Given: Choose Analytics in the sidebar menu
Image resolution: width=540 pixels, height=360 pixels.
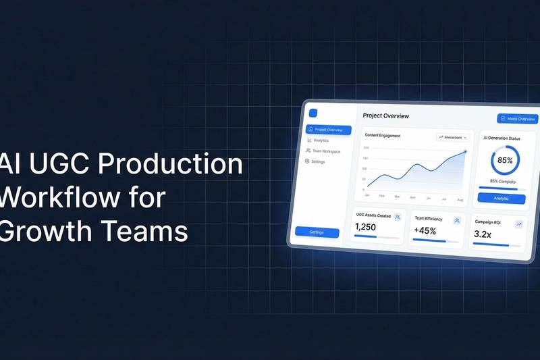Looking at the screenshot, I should click(321, 140).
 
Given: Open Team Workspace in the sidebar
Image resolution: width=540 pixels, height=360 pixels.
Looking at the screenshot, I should click(326, 151).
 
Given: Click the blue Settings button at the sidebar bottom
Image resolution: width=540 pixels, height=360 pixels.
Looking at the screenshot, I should click(317, 232).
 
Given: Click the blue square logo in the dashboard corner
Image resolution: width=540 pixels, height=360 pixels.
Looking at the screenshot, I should click(313, 113).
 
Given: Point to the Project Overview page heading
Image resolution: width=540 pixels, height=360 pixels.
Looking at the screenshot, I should click(385, 116).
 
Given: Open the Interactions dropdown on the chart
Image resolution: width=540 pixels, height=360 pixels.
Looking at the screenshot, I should click(452, 137).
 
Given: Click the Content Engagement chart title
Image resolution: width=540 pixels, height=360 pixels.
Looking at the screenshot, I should click(382, 136).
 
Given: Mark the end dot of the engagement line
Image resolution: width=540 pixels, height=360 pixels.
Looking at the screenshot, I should click(465, 152).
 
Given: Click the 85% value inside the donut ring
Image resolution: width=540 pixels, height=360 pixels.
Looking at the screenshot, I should click(505, 161).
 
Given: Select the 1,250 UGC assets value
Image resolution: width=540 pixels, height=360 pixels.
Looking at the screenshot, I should click(365, 228).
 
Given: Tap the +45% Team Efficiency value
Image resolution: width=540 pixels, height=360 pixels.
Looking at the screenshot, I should click(425, 231).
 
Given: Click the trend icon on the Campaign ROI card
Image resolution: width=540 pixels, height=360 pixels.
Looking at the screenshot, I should click(518, 224).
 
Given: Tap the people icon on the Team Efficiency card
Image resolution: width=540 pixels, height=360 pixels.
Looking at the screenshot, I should click(457, 220).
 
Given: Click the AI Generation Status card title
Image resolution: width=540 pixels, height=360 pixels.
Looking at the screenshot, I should click(502, 138).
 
